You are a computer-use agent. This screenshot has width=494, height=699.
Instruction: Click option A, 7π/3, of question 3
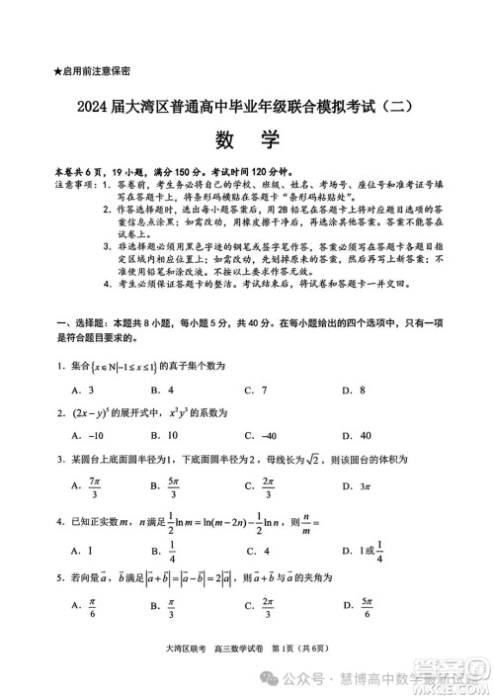[x=88, y=484]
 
